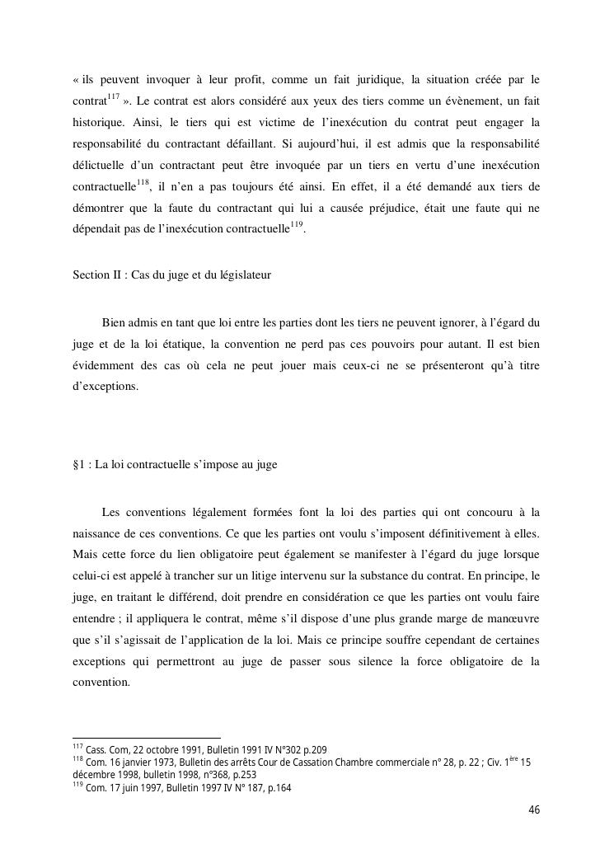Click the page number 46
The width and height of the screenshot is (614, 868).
[x=534, y=810]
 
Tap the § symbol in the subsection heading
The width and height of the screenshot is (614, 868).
[x=76, y=464]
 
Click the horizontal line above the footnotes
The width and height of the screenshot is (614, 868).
[x=147, y=738]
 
